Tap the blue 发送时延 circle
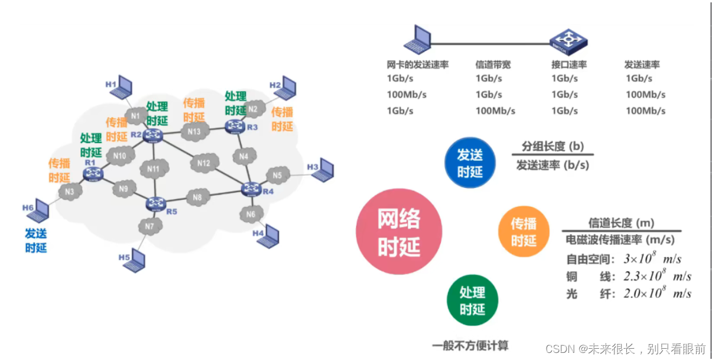click(470, 163)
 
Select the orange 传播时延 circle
click(523, 232)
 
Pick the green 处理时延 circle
click(472, 301)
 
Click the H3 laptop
click(325, 172)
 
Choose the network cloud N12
click(204, 163)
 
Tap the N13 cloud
click(194, 131)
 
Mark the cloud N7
click(149, 226)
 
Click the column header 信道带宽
click(495, 64)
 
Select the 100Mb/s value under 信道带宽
click(495, 111)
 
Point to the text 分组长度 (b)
click(552, 147)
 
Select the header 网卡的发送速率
click(418, 64)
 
